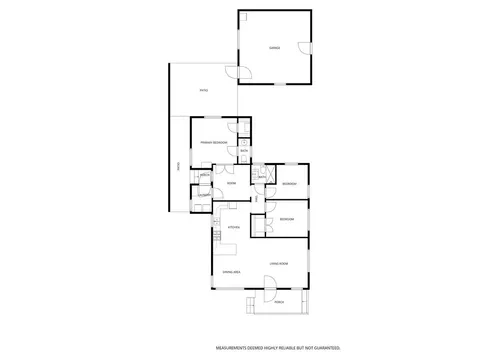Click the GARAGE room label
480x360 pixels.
(273, 48)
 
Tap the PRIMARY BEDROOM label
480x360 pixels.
(213, 143)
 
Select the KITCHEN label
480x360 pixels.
(233, 227)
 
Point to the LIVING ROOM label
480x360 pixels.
(278, 263)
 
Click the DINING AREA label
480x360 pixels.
(229, 272)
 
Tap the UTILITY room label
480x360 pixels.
(203, 193)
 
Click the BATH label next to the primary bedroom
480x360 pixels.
(243, 151)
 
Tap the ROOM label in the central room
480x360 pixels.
(231, 183)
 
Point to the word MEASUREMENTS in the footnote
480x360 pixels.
(229, 347)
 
